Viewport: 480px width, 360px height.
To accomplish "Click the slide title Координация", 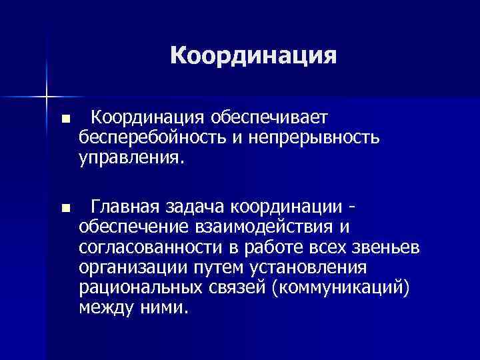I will click(253, 55).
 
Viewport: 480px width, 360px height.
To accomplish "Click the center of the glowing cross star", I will click(47, 95).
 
